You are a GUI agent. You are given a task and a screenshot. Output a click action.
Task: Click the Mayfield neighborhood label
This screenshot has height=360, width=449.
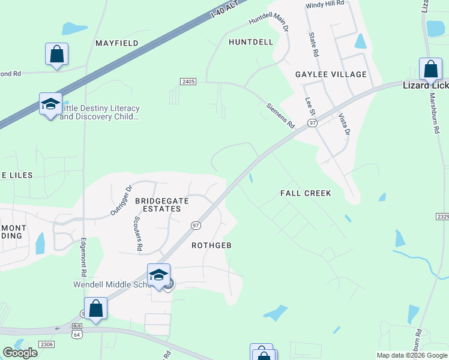coord(117,43)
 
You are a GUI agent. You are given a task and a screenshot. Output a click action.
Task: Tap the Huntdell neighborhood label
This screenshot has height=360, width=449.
coord(251,42)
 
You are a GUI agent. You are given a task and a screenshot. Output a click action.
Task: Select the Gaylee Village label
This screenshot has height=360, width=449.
coord(331,74)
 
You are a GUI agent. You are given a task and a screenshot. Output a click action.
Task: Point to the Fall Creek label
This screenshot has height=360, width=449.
coord(306,193)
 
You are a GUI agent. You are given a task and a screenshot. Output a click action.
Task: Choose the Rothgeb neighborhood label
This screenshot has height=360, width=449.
coord(211,245)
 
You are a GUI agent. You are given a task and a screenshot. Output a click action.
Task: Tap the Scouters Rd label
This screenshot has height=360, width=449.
coord(138,233)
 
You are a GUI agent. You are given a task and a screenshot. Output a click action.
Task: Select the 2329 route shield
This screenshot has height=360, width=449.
coord(442,217)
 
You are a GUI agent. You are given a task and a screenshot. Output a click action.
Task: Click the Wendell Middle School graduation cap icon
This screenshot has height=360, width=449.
coord(158,275)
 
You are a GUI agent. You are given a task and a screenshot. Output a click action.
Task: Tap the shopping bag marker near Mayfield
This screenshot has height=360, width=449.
coord(56,53)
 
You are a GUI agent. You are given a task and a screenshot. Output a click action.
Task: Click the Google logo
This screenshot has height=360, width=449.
coord(20,353)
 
